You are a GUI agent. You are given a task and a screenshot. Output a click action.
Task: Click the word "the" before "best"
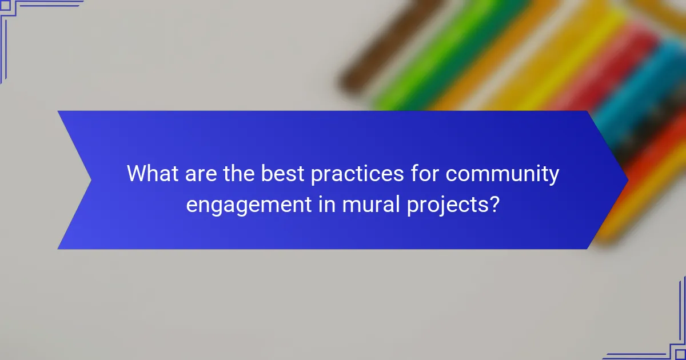[238, 173]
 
